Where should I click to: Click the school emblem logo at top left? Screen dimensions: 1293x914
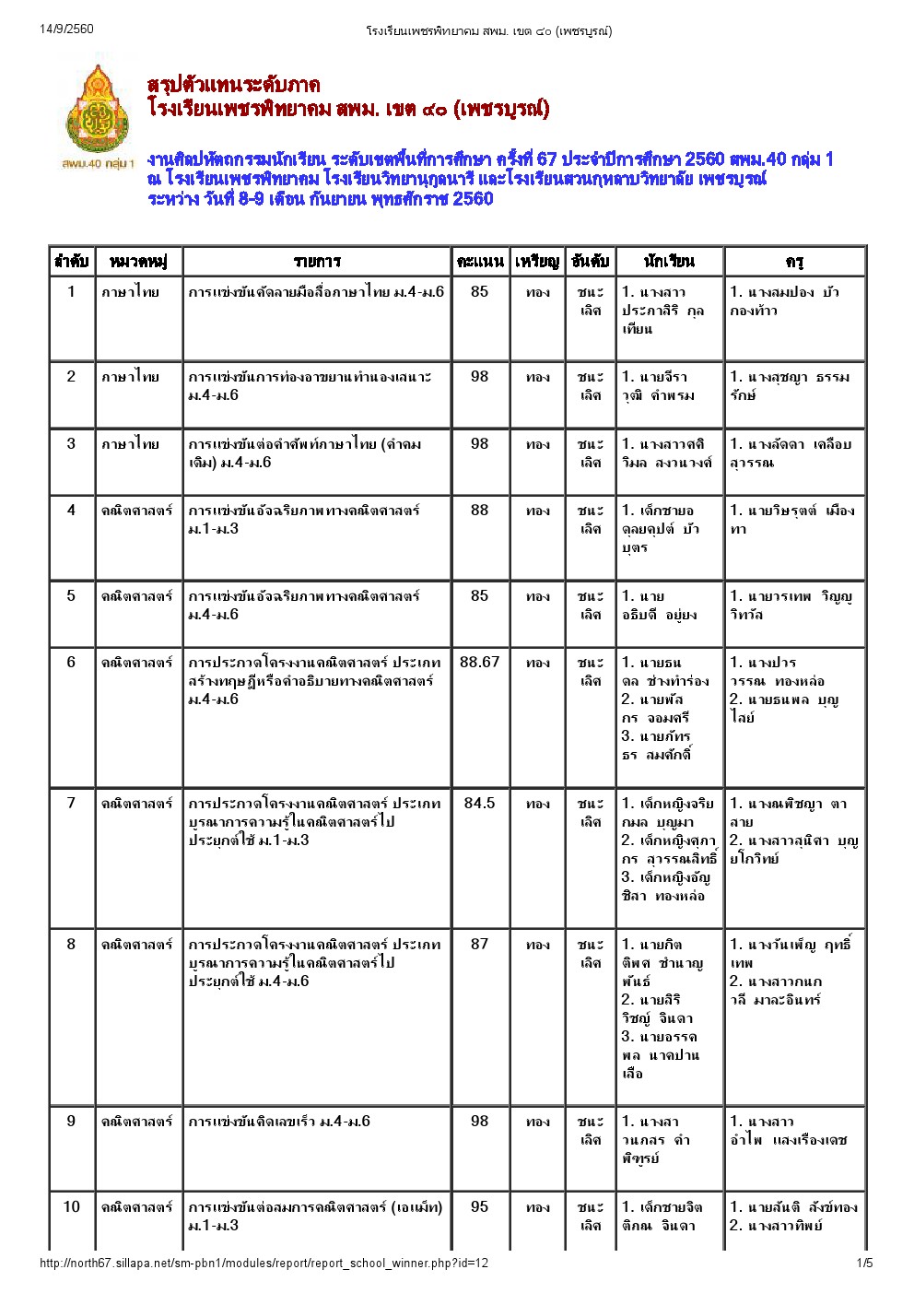tap(97, 109)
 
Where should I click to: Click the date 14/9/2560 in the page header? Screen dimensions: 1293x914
tap(66, 29)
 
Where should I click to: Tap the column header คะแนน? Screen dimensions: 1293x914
tap(479, 262)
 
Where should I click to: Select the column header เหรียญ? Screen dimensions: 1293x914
tap(537, 262)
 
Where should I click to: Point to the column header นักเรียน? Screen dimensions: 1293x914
tap(669, 262)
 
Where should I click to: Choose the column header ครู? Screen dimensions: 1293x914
tap(794, 262)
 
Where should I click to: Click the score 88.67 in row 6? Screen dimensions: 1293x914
tap(479, 662)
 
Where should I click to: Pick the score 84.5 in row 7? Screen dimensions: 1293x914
tap(479, 803)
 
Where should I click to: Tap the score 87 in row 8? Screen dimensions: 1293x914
tap(479, 944)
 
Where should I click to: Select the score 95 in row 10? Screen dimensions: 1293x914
tap(479, 1206)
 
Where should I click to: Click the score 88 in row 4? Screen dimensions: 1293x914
tap(479, 510)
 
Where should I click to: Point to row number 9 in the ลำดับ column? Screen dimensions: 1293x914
tap(71, 1121)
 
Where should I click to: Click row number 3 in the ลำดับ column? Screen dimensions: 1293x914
tap(71, 443)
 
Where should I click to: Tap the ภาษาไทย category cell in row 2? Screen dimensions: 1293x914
tap(130, 377)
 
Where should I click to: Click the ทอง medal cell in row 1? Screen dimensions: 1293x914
tap(538, 292)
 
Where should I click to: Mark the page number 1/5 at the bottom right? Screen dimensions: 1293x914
tap(864, 1264)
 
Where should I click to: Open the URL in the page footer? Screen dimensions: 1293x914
tap(264, 1264)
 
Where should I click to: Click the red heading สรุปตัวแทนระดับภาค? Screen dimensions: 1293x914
tap(234, 85)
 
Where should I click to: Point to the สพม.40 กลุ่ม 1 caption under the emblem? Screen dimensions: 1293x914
tap(98, 164)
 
